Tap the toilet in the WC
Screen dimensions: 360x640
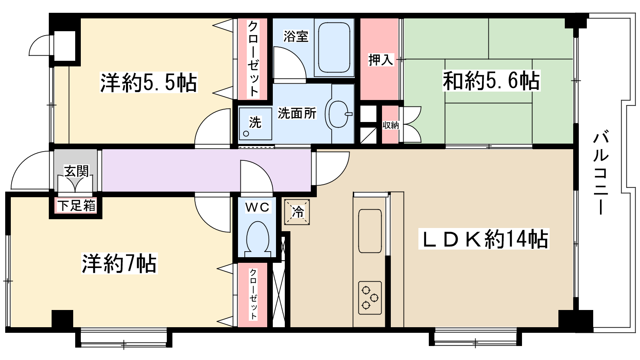click(x=258, y=239)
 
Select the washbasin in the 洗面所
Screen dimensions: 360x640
click(x=338, y=114)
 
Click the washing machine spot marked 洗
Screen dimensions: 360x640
click(x=255, y=124)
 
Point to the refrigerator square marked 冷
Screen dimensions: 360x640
click(x=297, y=212)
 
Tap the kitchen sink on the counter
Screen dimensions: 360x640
click(x=370, y=231)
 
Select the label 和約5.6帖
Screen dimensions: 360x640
click(x=491, y=80)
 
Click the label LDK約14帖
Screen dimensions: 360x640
click(x=484, y=239)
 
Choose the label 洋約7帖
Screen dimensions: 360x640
click(x=119, y=263)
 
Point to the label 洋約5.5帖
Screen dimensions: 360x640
click(x=148, y=83)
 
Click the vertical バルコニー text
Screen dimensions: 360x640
click(x=600, y=172)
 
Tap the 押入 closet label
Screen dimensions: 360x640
click(x=380, y=60)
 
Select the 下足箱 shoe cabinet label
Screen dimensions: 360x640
click(x=76, y=206)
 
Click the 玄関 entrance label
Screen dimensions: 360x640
click(x=76, y=171)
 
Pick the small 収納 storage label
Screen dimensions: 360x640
click(x=390, y=125)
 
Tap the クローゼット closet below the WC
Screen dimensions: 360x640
click(x=253, y=294)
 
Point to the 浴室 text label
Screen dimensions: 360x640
click(x=296, y=36)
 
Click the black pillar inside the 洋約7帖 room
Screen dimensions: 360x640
click(x=62, y=319)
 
